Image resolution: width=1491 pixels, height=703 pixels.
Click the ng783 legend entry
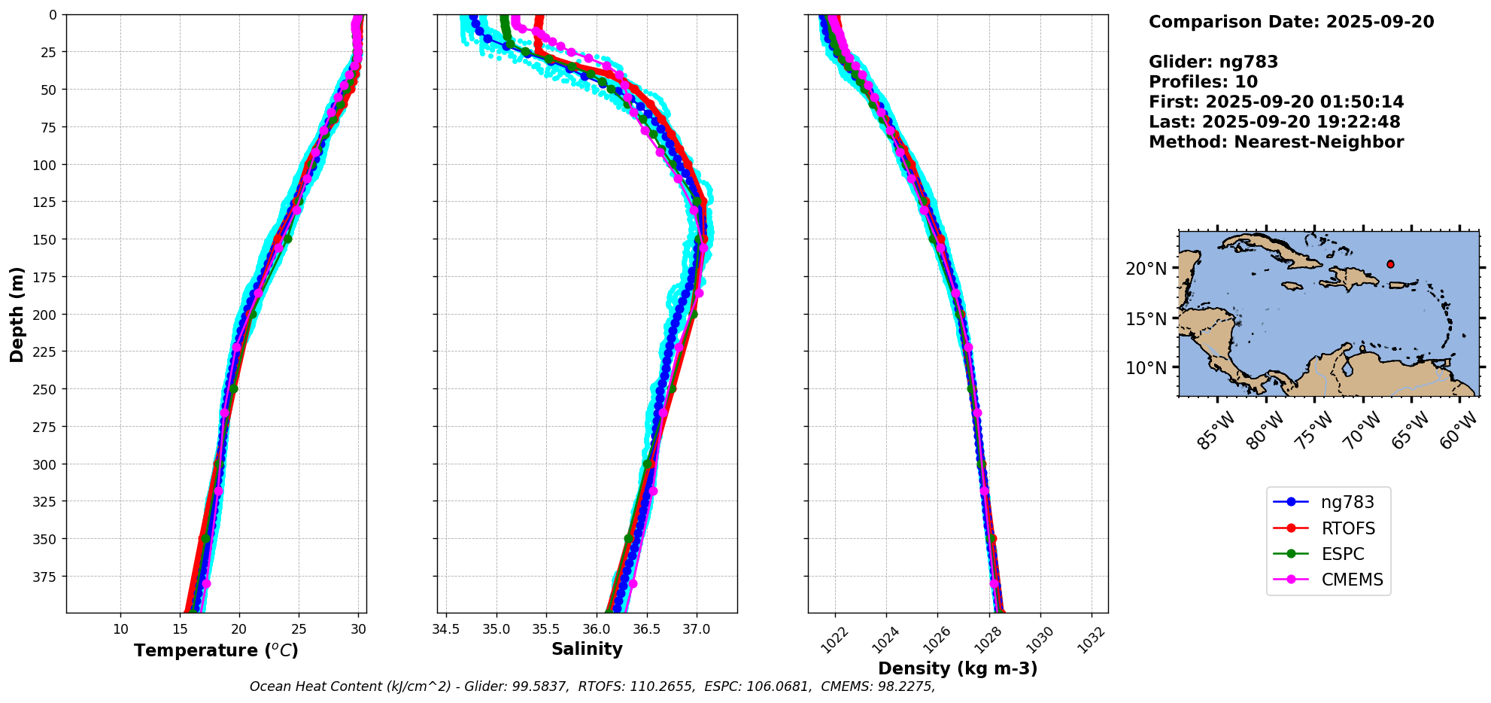coord(1347,502)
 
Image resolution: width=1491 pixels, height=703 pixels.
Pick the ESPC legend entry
coord(1343,554)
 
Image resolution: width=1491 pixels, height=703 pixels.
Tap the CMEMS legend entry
coord(1352,580)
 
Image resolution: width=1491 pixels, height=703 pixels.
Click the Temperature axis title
coord(216,650)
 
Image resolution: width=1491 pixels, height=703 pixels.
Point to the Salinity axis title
coord(587,649)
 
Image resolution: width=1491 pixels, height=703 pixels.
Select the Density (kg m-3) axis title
coord(958,668)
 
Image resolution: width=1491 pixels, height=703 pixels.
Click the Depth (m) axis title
coord(17,314)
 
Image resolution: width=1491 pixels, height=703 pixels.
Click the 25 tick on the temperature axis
coord(299,629)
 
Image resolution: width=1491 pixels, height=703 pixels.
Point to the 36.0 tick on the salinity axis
coord(596,629)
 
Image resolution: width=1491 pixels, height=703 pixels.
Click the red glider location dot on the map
coord(1390,264)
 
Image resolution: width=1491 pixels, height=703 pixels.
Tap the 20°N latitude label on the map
coord(1146,269)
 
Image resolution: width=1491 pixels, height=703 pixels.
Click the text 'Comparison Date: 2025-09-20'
coord(1291,22)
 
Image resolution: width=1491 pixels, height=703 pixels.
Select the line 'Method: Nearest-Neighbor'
coord(1276,142)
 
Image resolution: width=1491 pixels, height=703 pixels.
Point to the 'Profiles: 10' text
coord(1203,82)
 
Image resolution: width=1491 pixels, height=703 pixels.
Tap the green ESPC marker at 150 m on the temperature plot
coord(287,239)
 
